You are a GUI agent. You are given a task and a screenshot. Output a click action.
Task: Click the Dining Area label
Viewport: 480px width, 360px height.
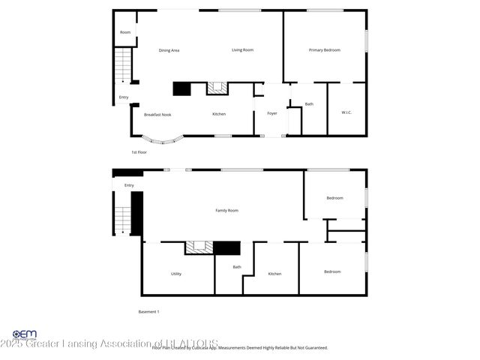[x=169, y=50]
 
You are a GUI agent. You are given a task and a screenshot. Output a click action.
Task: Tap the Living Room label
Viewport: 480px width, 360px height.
[x=242, y=50]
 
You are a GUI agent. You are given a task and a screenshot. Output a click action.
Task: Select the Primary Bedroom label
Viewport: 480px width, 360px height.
[x=325, y=50]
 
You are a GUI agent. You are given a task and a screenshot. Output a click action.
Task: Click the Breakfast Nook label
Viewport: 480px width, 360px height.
[x=157, y=114]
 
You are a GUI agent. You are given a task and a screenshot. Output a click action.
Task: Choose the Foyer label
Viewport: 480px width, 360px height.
[x=272, y=114]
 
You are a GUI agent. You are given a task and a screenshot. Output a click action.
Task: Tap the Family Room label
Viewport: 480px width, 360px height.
[x=226, y=211]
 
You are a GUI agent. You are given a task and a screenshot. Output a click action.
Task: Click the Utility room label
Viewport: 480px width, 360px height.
[x=176, y=274]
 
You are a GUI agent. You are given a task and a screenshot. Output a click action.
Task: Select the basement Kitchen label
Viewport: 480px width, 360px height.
[x=274, y=274]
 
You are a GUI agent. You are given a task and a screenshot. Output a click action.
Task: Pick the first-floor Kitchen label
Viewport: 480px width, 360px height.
[x=219, y=114]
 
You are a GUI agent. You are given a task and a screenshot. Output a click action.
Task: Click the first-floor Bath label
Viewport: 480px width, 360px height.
[x=309, y=104]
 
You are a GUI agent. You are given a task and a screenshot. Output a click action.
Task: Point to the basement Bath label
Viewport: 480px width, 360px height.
[x=237, y=267]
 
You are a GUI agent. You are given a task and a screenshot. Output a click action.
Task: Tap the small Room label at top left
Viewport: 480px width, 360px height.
[x=125, y=32]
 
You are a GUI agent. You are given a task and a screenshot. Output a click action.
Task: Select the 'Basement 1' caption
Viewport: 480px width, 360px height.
[x=148, y=311]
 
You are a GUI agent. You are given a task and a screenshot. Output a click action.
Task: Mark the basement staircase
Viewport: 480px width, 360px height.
[x=122, y=217]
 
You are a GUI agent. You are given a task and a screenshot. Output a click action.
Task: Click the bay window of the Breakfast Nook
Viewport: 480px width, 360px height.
[x=163, y=140]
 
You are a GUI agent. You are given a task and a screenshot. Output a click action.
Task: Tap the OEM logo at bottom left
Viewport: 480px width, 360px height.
[x=25, y=334]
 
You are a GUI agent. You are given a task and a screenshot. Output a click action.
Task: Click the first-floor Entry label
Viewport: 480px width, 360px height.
[x=124, y=97]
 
